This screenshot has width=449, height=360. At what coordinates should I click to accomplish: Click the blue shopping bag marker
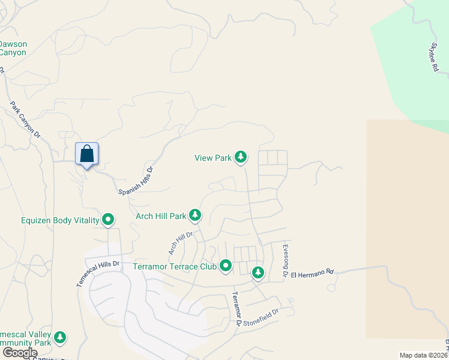pos(87,154)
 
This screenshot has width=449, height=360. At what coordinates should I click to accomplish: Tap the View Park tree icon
pos(241,157)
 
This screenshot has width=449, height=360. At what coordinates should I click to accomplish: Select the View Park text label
pos(213,158)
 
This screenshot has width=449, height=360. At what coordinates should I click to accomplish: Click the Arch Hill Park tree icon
pos(195,215)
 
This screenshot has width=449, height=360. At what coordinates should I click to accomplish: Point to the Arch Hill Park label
pos(161,215)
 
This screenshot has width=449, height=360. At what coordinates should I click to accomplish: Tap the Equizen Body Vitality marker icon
pos(108,220)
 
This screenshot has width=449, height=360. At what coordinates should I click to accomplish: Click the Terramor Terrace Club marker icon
pos(226,265)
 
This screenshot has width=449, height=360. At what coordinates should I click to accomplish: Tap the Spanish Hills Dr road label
pos(136,180)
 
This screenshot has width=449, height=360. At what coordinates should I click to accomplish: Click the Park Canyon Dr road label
pos(25,118)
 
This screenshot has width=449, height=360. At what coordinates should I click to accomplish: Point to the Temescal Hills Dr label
pos(98,273)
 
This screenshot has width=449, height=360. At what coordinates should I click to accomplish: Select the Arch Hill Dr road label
pos(179,243)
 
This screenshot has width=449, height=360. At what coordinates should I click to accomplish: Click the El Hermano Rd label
pos(312,273)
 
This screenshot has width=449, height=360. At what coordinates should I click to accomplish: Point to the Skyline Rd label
pos(434,57)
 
